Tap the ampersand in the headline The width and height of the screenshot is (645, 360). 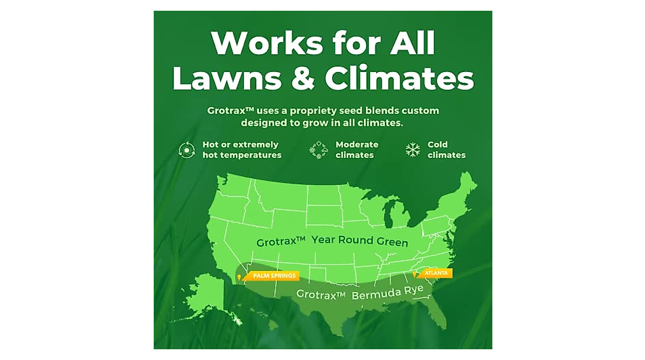click(303, 79)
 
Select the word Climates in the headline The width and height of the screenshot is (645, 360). click(399, 79)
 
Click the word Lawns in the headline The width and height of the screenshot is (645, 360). click(226, 79)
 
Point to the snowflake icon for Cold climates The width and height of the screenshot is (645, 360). click(413, 150)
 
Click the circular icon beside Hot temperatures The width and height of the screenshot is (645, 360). click(187, 150)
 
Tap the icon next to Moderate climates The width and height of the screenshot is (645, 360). click(319, 150)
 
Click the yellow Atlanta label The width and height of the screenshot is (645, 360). click(436, 273)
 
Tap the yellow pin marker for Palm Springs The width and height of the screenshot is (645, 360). click(239, 278)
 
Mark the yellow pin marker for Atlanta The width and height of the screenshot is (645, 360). click(414, 275)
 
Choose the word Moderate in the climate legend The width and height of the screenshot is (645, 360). click(357, 145)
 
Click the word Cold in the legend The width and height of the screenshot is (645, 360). click(438, 145)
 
